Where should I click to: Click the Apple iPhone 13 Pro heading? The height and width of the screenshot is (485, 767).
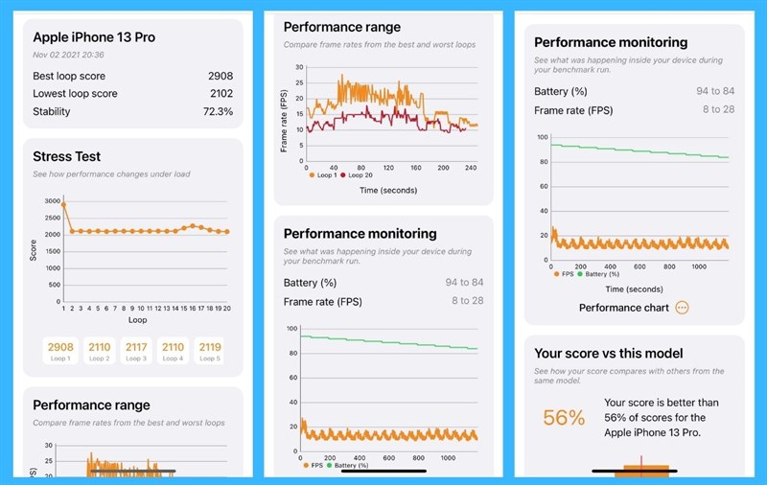pyautogui.click(x=94, y=37)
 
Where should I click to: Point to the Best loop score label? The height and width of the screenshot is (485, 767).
pyautogui.click(x=70, y=76)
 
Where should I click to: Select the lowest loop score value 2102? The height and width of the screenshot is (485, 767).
pyautogui.click(x=221, y=94)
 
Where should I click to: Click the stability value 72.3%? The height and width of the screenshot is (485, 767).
pyautogui.click(x=218, y=111)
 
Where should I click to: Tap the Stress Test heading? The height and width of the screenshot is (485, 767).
pyautogui.click(x=66, y=156)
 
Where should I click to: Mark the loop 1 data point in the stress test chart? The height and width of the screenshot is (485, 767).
pyautogui.click(x=64, y=204)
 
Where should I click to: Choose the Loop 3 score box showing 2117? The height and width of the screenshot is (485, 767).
pyautogui.click(x=135, y=350)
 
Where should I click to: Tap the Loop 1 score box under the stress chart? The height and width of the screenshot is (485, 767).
pyautogui.click(x=60, y=350)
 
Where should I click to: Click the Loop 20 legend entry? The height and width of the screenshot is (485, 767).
pyautogui.click(x=356, y=175)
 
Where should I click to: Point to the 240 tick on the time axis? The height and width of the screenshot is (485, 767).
pyautogui.click(x=470, y=167)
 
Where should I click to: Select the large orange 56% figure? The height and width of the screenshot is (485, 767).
pyautogui.click(x=564, y=418)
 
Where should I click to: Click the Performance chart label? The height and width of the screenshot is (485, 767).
pyautogui.click(x=624, y=308)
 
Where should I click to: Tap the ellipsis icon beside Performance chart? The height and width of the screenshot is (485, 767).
pyautogui.click(x=682, y=308)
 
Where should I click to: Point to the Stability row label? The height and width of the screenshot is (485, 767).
pyautogui.click(x=52, y=111)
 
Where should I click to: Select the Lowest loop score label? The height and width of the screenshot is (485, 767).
pyautogui.click(x=75, y=94)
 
